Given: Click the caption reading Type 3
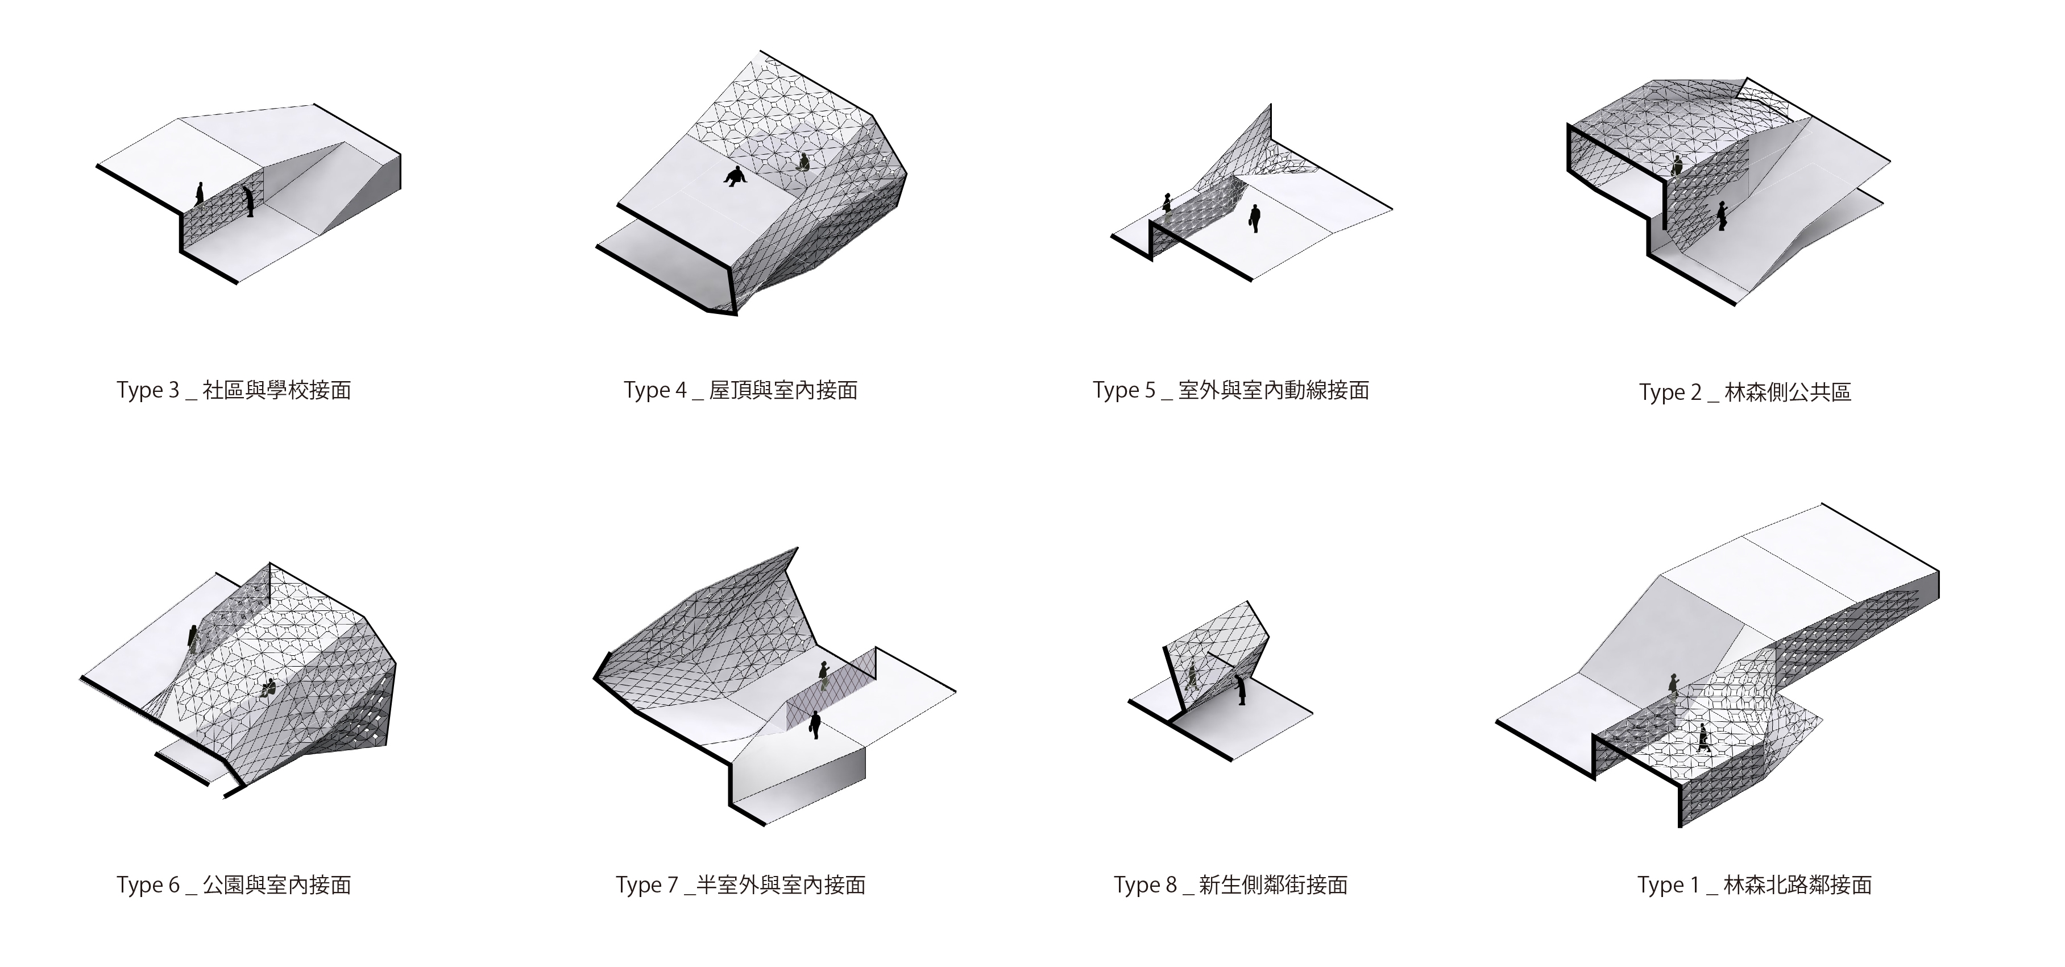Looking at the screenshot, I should [233, 390].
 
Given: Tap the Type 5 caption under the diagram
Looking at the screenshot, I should [1230, 390].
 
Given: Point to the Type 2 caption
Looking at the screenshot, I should [1745, 392].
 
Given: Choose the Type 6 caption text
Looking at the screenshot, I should [233, 885].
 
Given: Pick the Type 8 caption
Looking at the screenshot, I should [1230, 885].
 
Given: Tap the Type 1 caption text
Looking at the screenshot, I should [1754, 885].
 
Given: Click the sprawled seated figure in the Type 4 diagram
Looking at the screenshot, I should [735, 176].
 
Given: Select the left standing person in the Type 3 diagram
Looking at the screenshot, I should [200, 193].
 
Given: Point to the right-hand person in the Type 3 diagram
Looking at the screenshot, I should [249, 200].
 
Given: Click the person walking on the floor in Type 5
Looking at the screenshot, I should [1255, 218].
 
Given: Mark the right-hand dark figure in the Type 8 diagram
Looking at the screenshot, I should [1241, 689].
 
